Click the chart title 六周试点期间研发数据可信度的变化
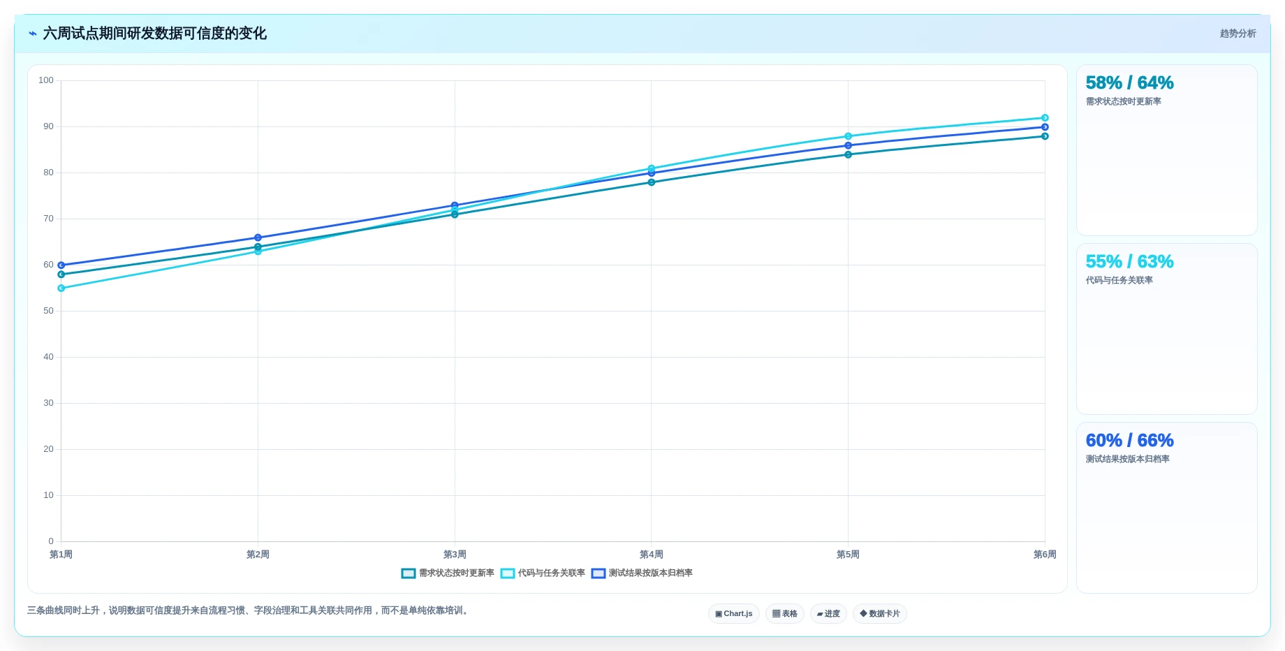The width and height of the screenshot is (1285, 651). tap(154, 34)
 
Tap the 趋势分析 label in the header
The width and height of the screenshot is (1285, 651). tap(1238, 34)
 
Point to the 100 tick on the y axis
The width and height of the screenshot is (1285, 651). tap(46, 80)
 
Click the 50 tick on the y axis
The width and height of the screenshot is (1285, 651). tap(48, 311)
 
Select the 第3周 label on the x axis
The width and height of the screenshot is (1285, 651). tap(455, 555)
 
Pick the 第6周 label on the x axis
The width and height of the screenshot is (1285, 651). tap(1045, 555)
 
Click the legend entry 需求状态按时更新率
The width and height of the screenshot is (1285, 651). tap(448, 573)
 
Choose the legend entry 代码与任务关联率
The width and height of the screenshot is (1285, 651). tap(543, 573)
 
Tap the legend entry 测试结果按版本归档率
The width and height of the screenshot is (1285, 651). tap(642, 573)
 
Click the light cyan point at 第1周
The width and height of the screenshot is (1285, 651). tap(61, 288)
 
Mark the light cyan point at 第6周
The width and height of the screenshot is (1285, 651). tap(1045, 118)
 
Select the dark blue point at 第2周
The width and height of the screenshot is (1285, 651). tap(258, 238)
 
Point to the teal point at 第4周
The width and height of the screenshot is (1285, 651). tap(652, 182)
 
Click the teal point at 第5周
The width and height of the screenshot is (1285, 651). tap(848, 154)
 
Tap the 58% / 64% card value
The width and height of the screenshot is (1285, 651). tap(1129, 83)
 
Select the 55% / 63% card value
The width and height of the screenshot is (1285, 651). tap(1129, 262)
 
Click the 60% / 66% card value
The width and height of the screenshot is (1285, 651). tap(1129, 441)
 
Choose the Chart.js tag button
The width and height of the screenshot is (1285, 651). tap(734, 614)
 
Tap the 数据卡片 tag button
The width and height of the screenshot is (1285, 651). tap(880, 614)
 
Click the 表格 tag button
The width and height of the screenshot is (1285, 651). tap(785, 614)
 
